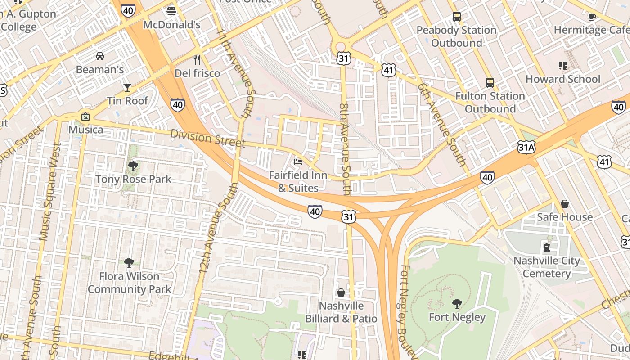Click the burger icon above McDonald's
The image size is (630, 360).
point(171,11)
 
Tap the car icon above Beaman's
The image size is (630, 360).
point(100,56)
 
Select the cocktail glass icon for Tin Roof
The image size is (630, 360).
point(127,87)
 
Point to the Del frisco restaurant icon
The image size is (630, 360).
point(197,59)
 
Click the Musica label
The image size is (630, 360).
point(85,130)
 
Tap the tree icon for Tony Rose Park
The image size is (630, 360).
point(133,166)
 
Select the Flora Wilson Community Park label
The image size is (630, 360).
point(130,283)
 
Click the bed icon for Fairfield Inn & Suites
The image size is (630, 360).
point(298,162)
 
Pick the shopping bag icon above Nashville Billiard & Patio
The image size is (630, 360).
point(341,292)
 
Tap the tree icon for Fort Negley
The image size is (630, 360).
point(457,304)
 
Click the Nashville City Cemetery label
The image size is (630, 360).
point(547,267)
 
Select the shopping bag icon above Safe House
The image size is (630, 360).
point(565,204)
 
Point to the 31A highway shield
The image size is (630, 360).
point(526,147)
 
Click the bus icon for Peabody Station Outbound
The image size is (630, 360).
point(457,17)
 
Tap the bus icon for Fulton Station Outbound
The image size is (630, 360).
point(490,83)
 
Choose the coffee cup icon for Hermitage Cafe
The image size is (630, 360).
point(592,17)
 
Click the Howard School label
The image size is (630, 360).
point(563,79)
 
